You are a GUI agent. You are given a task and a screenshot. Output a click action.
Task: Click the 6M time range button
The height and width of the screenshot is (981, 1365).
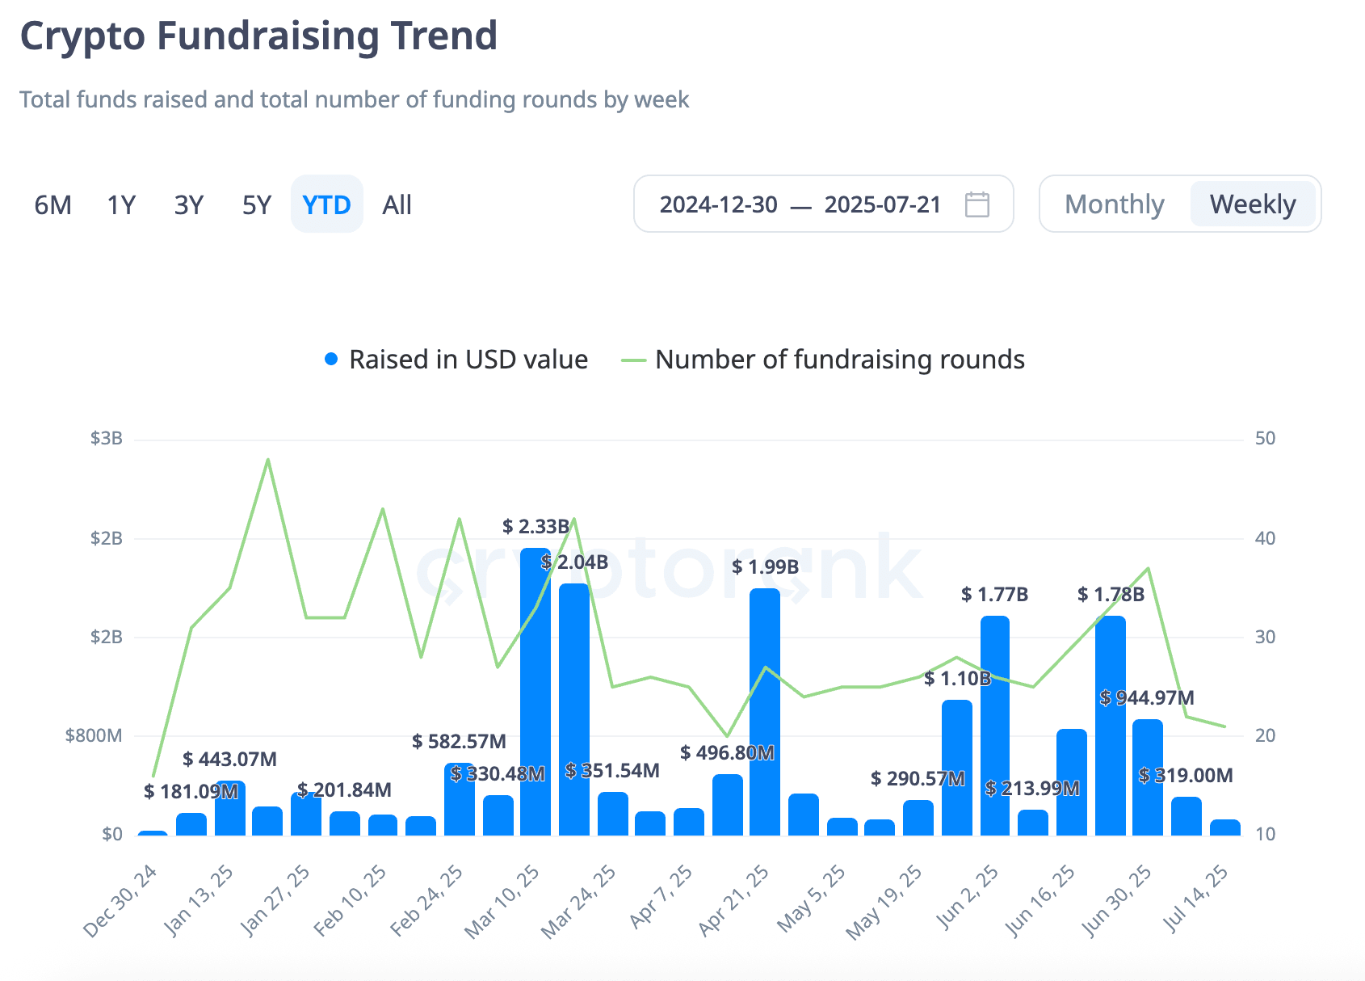(53, 205)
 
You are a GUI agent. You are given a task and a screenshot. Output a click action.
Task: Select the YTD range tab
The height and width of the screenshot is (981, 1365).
(326, 205)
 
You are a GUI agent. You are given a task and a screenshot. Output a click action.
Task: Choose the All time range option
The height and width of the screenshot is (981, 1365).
(397, 205)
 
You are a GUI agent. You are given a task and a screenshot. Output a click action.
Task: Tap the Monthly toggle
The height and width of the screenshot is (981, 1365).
(1114, 204)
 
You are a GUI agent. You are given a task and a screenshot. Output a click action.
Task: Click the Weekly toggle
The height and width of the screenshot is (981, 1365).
(1253, 204)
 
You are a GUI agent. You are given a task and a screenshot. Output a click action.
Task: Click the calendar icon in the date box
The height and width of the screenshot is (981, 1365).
(977, 204)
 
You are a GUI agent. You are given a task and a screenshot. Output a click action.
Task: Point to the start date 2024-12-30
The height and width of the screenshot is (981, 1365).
(719, 205)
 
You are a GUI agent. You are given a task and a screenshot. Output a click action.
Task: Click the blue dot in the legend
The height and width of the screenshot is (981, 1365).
(331, 359)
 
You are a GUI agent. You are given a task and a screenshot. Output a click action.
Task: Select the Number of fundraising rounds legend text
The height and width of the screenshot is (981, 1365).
(840, 360)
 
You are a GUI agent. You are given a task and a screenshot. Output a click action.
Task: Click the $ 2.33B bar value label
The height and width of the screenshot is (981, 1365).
(535, 526)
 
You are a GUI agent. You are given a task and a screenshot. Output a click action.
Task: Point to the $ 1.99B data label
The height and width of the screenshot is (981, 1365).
(765, 567)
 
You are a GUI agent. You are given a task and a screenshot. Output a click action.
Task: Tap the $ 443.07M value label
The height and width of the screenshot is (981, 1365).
(229, 759)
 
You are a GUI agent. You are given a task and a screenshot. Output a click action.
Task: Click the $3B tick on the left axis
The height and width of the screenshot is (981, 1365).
(107, 438)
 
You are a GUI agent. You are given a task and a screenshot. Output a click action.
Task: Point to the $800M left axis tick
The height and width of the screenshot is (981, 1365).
(94, 736)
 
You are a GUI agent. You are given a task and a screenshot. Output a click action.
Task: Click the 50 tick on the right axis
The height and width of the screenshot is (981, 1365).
(1265, 438)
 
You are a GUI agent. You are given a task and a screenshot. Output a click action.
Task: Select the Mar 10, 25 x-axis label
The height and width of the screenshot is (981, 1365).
(502, 902)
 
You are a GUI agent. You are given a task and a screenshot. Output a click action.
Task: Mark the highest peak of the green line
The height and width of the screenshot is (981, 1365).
(268, 459)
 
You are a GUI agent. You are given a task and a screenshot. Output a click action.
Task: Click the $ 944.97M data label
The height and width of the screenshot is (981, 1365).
(1146, 697)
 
